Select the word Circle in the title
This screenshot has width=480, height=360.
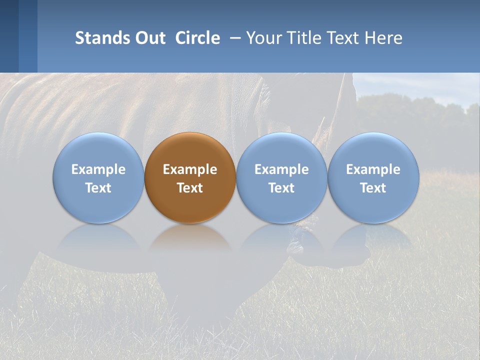pos(197,38)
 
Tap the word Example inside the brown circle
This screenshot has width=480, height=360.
pos(190,169)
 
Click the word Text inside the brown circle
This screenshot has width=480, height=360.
pos(190,188)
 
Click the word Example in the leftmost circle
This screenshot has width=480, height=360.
pos(98,169)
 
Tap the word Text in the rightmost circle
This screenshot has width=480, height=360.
pos(373,188)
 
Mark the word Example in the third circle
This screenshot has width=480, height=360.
pos(281,169)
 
